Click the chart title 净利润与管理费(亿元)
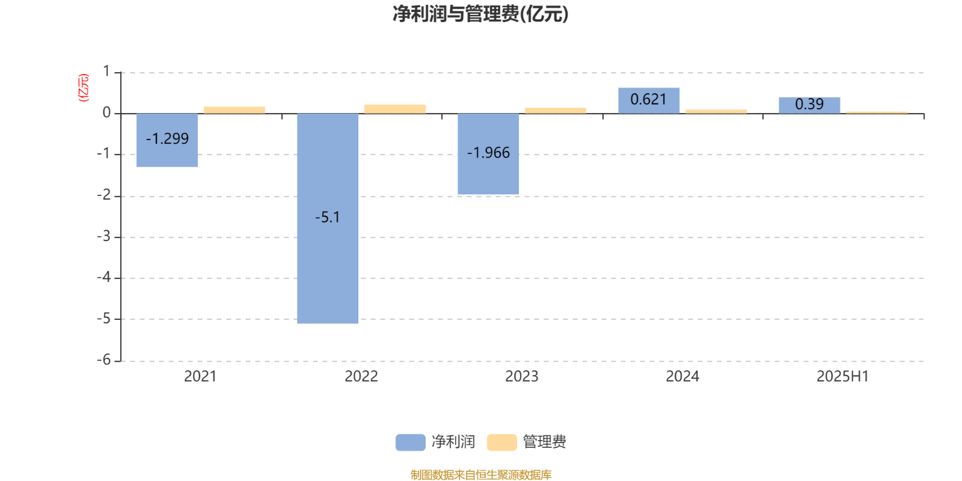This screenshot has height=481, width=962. point(480,14)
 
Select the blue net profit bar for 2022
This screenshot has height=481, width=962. point(328,218)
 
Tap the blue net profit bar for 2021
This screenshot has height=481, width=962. point(167,140)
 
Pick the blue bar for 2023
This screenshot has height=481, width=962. point(488,154)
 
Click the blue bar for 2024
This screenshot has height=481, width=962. point(649,100)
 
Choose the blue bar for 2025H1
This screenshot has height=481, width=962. point(809,105)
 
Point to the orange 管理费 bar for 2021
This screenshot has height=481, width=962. point(234,110)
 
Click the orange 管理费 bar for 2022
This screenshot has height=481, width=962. point(395,109)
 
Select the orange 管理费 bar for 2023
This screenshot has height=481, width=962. point(556,111)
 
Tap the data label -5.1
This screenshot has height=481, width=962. point(328,217)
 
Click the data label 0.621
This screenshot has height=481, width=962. point(649,99)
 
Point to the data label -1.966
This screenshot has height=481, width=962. point(488,153)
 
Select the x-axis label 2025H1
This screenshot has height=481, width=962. point(842,376)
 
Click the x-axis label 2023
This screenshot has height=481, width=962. point(522,376)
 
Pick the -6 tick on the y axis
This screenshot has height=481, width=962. point(104,360)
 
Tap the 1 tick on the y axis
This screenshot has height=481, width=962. point(106,72)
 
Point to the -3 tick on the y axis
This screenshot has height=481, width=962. point(104,236)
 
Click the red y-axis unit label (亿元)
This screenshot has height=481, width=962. point(84,88)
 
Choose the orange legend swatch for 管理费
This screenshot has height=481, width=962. point(501,443)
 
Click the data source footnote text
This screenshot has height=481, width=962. point(481,474)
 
